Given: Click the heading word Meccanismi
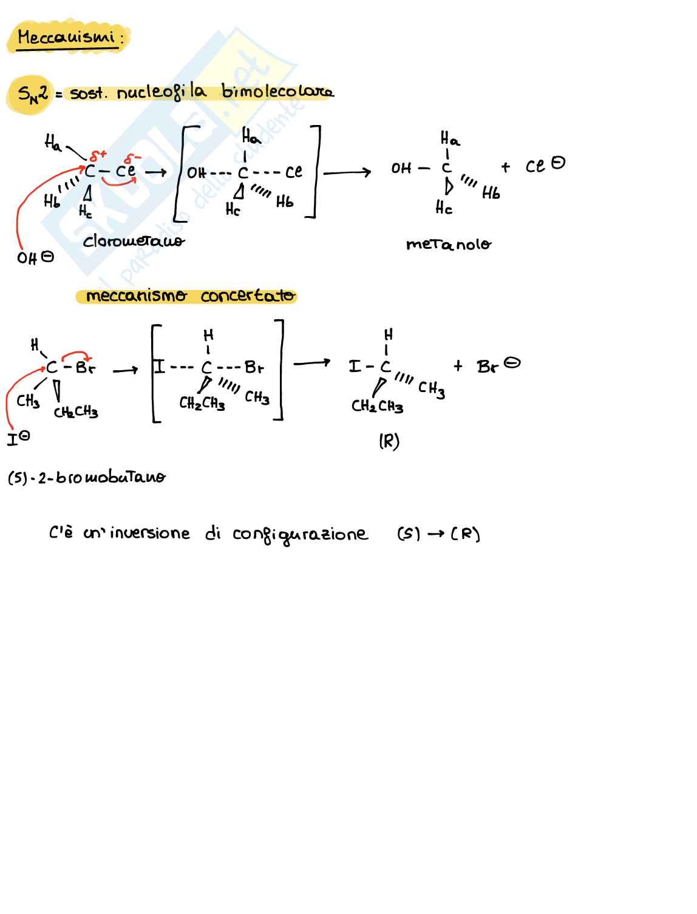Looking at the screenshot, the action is pos(66,37).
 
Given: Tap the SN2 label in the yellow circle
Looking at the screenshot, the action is pos(32,94).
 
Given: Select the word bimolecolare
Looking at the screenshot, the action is pos(277,91).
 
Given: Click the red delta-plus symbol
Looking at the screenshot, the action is pos(98,156).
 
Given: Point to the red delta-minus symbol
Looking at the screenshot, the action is pos(132,158).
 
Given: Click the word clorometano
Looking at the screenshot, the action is pos(133,241).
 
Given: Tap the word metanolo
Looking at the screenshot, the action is pos(449,244).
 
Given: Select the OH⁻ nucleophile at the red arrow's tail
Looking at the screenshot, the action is pos(35,257).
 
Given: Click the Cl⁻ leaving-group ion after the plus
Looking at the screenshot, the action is pos(545,164).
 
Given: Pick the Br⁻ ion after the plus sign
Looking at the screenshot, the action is pos(498,365).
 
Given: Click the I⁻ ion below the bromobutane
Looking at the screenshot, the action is pos(18,438).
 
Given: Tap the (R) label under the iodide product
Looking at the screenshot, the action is pos(389,441).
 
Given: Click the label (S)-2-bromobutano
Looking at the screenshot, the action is pos(86,477).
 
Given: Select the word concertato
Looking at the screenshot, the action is pos(248,296).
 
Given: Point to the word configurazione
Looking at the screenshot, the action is pos(300,535).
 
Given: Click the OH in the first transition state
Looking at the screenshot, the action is pos(196,172).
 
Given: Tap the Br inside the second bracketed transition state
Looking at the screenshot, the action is pos(254,367).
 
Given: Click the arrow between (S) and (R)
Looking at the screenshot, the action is pos(435,533).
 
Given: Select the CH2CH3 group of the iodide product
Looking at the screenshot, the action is pos(377,405).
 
